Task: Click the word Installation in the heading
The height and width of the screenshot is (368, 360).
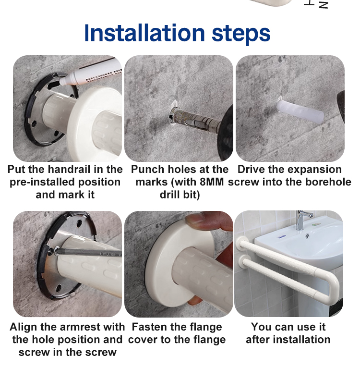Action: pos(144,33)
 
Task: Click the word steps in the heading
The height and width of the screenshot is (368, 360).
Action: pos(241,35)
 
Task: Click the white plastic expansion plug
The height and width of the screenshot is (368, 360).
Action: pos(300,112)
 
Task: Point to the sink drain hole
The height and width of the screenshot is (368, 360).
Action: pos(307,235)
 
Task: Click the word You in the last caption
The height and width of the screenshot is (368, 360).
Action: pos(260,327)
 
